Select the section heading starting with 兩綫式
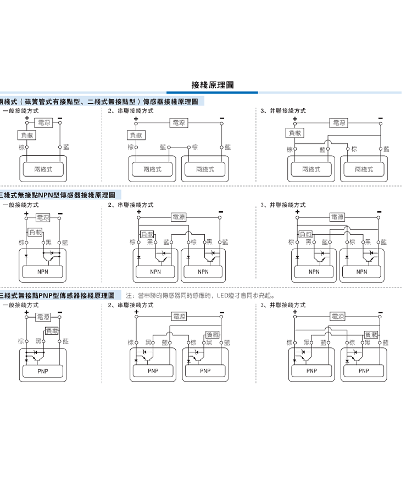click(102, 102)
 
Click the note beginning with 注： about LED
click(201, 296)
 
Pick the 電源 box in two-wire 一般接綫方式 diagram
click(43, 122)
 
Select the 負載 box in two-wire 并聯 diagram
click(294, 133)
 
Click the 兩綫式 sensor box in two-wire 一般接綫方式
click(43, 169)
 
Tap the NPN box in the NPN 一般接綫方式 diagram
click(43, 272)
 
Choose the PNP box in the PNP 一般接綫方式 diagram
click(43, 371)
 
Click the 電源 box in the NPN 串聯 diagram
click(179, 217)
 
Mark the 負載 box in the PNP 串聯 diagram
click(212, 335)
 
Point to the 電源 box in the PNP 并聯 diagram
click(337, 316)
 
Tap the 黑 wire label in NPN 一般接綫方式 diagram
click(48, 242)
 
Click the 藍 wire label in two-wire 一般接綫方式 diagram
click(66, 147)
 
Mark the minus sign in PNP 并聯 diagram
click(380, 311)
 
